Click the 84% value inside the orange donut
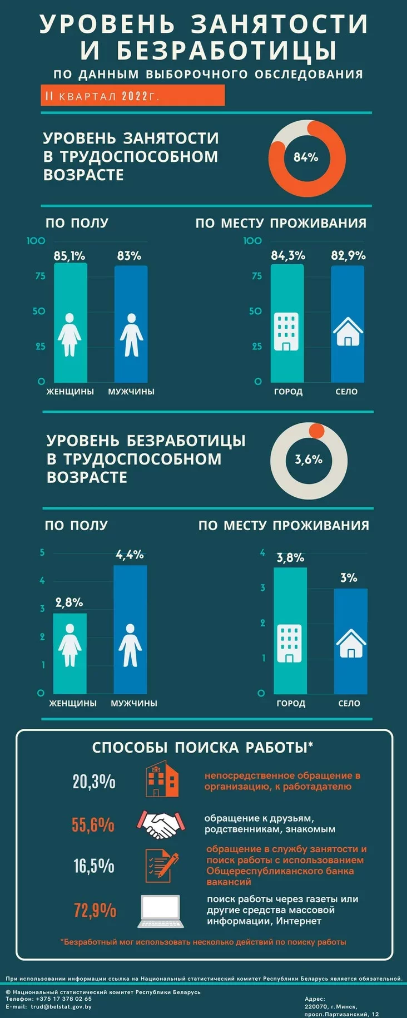tap(306, 157)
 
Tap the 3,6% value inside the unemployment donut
tap(309, 459)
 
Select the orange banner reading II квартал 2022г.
tap(132, 96)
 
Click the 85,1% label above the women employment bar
tap(70, 256)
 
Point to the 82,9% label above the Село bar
tap(349, 255)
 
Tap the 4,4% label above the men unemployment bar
tap(130, 555)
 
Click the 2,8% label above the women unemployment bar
tap(70, 602)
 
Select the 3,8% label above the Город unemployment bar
tap(291, 557)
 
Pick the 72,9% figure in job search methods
tap(95, 910)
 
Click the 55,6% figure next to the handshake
tap(93, 824)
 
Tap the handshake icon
tap(160, 824)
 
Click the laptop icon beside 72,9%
tap(161, 911)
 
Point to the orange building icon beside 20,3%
tap(162, 780)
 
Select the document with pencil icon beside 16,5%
tap(162, 866)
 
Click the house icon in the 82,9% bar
tap(348, 332)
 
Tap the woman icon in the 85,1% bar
tap(70, 334)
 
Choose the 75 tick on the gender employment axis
tap(40, 276)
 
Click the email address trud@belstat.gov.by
tap(61, 1006)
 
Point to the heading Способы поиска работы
tap(202, 748)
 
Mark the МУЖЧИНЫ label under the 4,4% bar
tap(134, 703)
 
